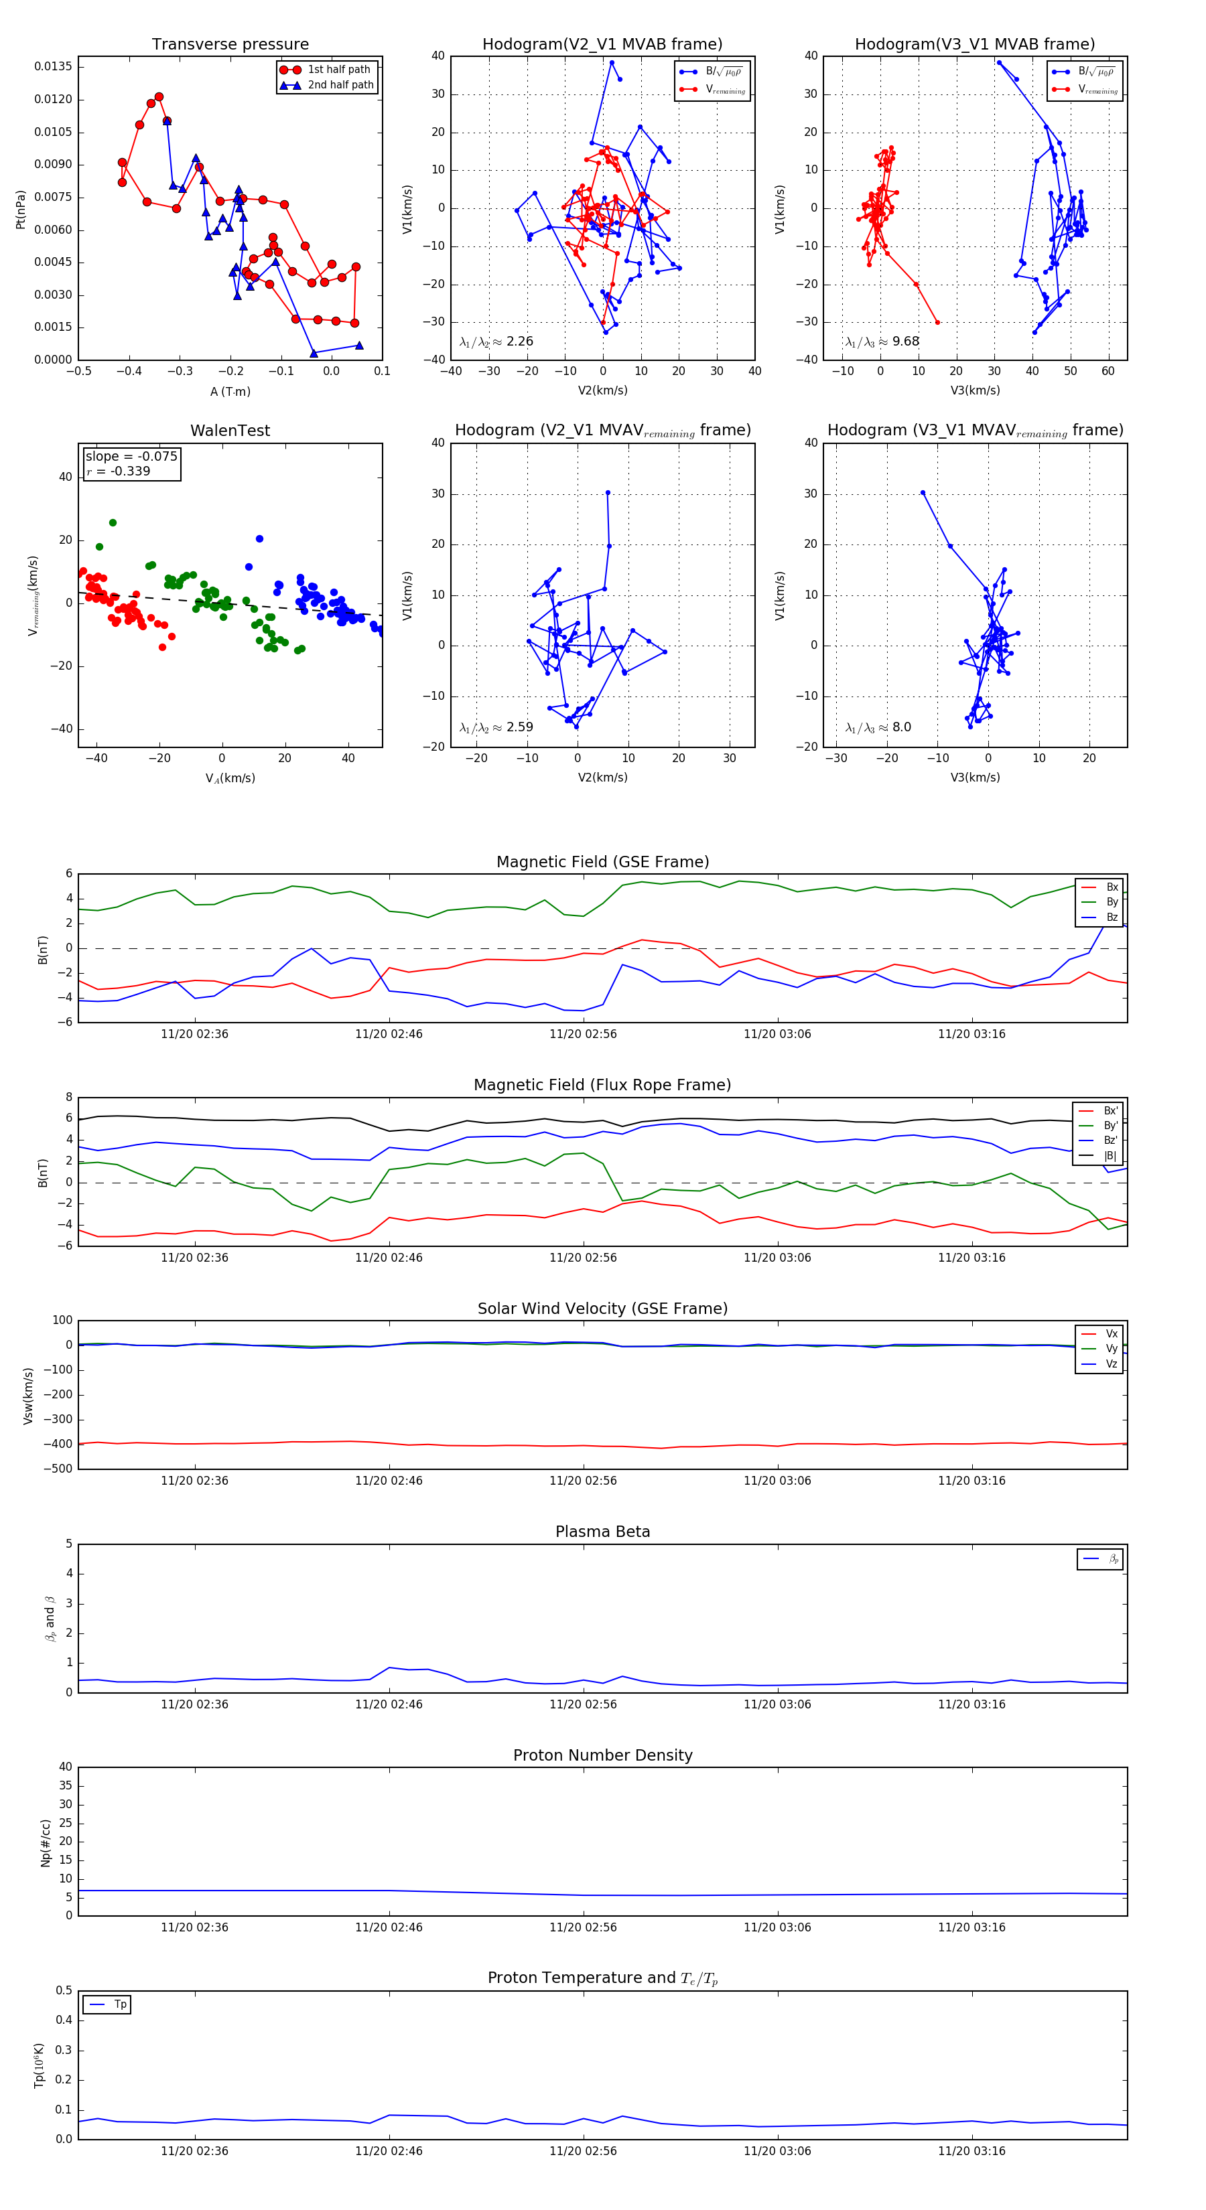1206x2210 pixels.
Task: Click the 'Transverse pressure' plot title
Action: (x=230, y=45)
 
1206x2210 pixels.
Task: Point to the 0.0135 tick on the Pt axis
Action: (x=53, y=67)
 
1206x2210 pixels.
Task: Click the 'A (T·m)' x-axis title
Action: (x=230, y=392)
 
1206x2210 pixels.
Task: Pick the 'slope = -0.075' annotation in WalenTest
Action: (x=131, y=457)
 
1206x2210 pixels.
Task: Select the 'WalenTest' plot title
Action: (x=230, y=431)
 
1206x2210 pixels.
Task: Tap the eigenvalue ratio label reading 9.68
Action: (x=882, y=342)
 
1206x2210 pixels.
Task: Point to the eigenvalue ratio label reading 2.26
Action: (x=496, y=342)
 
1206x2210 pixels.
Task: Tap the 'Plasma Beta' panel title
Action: (x=602, y=1532)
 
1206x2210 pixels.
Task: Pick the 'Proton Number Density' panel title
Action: (x=602, y=1755)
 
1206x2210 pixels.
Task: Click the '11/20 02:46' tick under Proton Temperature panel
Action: (x=389, y=2151)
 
